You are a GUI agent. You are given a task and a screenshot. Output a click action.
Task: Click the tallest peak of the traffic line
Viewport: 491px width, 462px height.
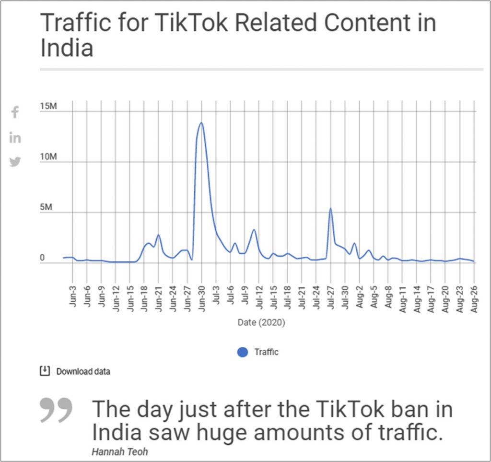201,123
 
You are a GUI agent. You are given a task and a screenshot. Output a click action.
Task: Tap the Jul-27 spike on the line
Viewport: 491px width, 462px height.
330,209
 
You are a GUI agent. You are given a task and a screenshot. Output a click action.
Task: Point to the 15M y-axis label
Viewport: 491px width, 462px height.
48,106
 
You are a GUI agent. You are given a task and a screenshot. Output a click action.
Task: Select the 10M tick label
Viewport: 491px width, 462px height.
48,157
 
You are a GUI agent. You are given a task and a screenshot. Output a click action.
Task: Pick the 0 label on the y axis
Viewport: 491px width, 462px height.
42,259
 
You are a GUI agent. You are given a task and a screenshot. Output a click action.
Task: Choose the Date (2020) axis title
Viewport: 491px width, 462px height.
261,323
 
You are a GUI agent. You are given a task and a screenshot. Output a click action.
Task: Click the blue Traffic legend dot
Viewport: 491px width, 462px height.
243,352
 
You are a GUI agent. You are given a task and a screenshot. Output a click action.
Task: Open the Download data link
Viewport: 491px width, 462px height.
83,371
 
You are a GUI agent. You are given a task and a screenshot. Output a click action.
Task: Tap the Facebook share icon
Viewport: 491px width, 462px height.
15,112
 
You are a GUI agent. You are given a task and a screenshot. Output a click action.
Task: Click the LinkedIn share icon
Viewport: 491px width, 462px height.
15,138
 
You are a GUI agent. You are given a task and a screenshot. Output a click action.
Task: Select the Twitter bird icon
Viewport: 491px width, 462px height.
15,162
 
